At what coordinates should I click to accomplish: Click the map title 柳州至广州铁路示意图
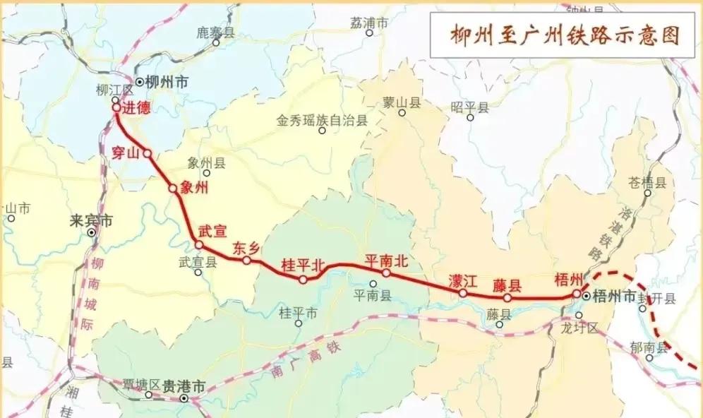click(x=565, y=36)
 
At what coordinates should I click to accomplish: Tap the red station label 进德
click(x=136, y=109)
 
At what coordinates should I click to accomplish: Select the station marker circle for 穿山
click(x=148, y=153)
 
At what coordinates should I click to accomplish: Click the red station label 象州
click(x=195, y=187)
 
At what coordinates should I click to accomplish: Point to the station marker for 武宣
click(x=199, y=245)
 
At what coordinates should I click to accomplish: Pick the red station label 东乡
click(x=247, y=248)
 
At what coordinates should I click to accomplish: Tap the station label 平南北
click(x=386, y=261)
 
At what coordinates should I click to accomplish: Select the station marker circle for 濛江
click(x=463, y=292)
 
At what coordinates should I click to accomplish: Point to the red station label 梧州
click(x=569, y=279)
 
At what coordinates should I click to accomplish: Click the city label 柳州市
click(x=167, y=82)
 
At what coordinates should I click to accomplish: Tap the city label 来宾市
click(x=91, y=220)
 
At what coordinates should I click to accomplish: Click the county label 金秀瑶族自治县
click(x=323, y=121)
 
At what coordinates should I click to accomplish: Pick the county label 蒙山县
click(x=402, y=103)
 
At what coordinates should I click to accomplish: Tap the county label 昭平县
click(x=470, y=107)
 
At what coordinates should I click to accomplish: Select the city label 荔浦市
click(x=369, y=23)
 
